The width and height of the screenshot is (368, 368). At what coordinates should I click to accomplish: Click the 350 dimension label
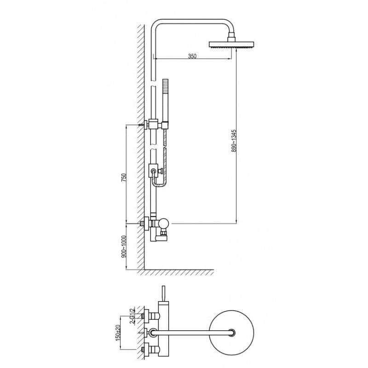(x=192, y=56)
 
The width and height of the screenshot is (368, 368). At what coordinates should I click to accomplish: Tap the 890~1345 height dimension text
(x=234, y=141)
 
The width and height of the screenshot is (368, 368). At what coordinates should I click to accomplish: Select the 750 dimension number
(x=124, y=178)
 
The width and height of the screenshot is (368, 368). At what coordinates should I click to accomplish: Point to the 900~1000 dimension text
(x=124, y=247)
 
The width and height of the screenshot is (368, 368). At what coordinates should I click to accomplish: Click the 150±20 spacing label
(x=118, y=333)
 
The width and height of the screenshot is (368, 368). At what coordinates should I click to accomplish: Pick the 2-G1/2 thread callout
(x=132, y=315)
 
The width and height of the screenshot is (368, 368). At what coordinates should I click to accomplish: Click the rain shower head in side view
(x=231, y=45)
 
